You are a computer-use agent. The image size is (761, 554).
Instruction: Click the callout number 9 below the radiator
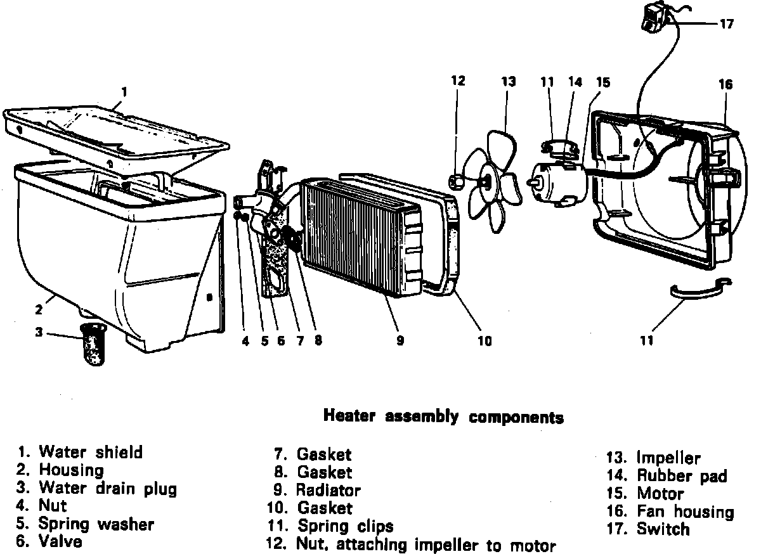(400, 341)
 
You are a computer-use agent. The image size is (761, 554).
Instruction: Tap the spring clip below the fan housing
(700, 290)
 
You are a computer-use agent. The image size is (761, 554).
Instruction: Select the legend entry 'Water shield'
(91, 452)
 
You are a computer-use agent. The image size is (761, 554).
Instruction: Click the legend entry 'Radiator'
(328, 490)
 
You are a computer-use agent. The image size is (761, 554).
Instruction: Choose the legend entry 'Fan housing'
(685, 512)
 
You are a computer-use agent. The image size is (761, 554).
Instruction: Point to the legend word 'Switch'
(663, 529)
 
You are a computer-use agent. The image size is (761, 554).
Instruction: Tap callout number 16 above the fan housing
(725, 84)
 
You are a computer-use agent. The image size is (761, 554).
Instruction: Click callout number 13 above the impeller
(509, 81)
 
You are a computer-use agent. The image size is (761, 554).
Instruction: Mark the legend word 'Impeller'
(668, 458)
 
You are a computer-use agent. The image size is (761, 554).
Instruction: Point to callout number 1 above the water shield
(124, 91)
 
